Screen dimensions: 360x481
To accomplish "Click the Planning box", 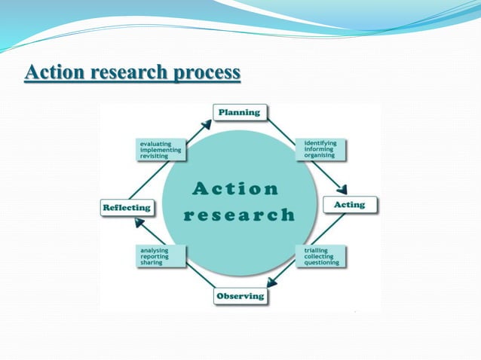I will click(239, 113).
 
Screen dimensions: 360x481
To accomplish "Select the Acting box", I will click(349, 205).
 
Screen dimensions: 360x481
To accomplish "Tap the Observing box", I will click(240, 296).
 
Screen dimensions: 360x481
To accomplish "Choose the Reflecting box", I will click(127, 207).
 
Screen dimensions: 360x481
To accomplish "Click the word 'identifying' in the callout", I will click(320, 142).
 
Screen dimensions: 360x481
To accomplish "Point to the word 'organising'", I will click(321, 155).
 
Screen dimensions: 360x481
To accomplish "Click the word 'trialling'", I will click(316, 249).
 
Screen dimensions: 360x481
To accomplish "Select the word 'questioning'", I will click(322, 263).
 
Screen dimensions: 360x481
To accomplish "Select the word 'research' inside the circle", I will click(240, 215).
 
